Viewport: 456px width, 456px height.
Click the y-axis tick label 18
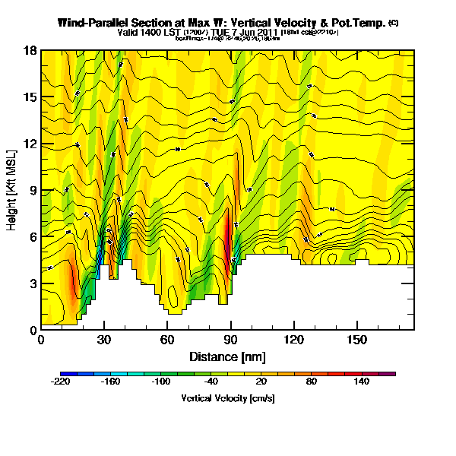tap(31, 51)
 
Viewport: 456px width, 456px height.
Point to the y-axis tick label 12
tap(31, 144)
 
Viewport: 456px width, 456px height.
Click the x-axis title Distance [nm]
tap(227, 356)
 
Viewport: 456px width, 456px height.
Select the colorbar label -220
tap(62, 382)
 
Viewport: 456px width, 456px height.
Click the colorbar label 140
tap(362, 382)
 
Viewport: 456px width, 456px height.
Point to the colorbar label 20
tap(261, 382)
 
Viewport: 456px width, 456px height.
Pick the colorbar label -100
tap(161, 382)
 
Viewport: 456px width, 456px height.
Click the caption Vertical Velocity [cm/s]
tap(227, 398)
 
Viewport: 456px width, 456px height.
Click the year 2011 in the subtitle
tap(264, 33)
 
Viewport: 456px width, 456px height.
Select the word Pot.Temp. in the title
tap(358, 23)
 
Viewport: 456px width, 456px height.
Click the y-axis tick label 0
tap(33, 331)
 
